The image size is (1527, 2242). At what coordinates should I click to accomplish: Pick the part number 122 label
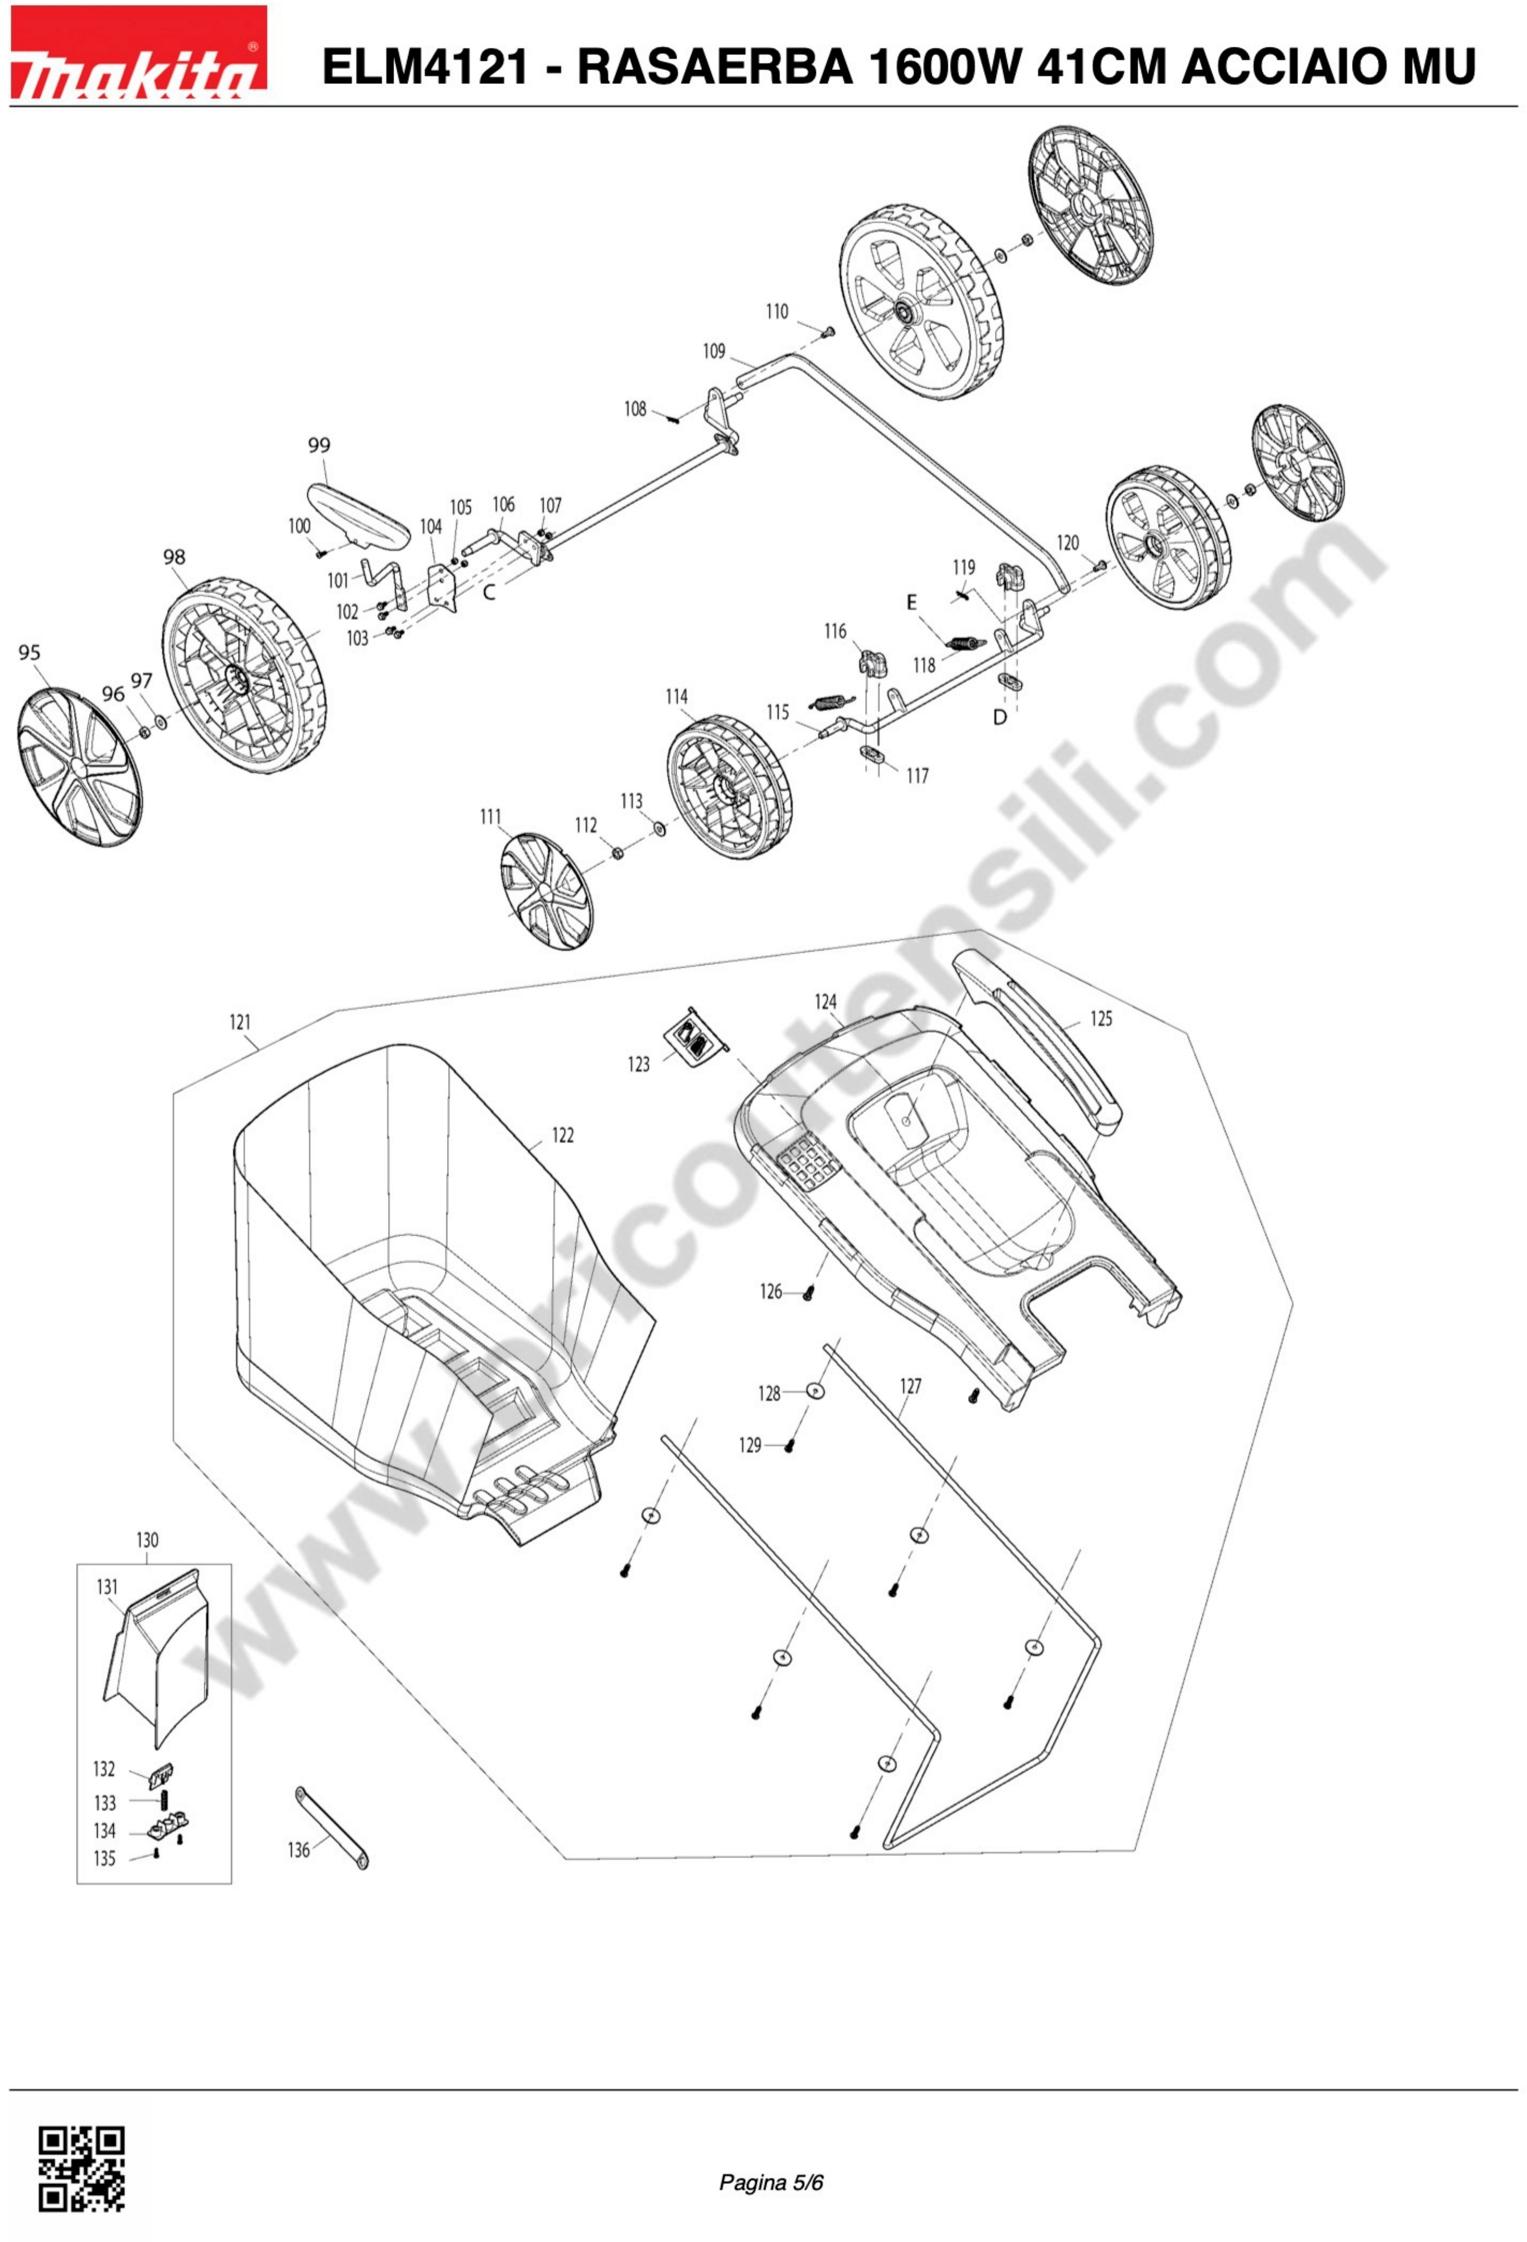pos(562,1135)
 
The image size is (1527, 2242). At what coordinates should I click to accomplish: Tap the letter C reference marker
pos(489,592)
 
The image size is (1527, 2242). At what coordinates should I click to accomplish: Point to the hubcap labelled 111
pos(547,893)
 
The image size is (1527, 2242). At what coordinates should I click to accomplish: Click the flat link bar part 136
pos(331,1826)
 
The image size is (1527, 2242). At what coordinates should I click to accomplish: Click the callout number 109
pos(714,351)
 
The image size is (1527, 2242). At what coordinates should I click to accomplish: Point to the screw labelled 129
pos(789,1445)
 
